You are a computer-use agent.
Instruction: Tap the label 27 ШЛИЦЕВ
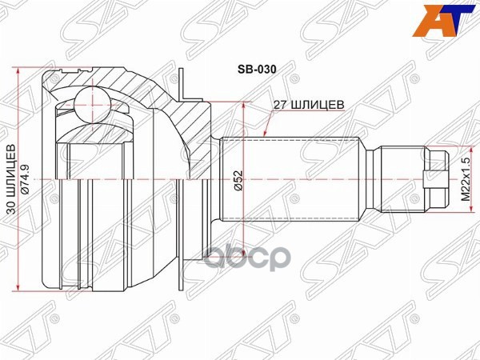point(308,104)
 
